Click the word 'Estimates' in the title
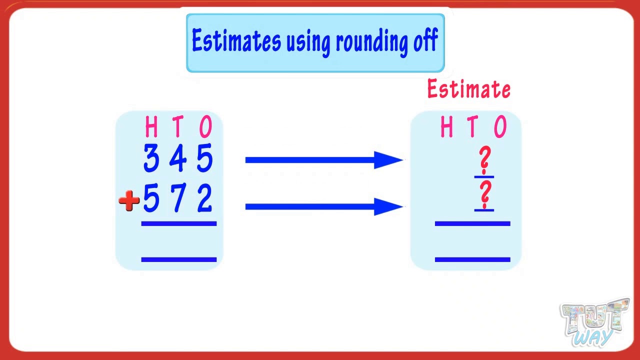tap(236, 40)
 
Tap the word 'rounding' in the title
tap(372, 41)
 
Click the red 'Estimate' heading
tap(469, 88)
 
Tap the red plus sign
tap(129, 200)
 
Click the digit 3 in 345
tap(151, 158)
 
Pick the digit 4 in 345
tap(177, 158)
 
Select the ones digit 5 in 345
tap(205, 158)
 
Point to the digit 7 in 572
tap(178, 197)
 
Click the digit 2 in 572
tap(205, 197)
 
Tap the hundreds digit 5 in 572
tap(151, 197)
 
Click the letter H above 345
tap(151, 126)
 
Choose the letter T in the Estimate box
tap(473, 126)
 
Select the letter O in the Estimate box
tap(500, 126)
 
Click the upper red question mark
tap(485, 160)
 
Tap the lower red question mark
tap(485, 194)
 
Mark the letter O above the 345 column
tap(205, 126)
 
